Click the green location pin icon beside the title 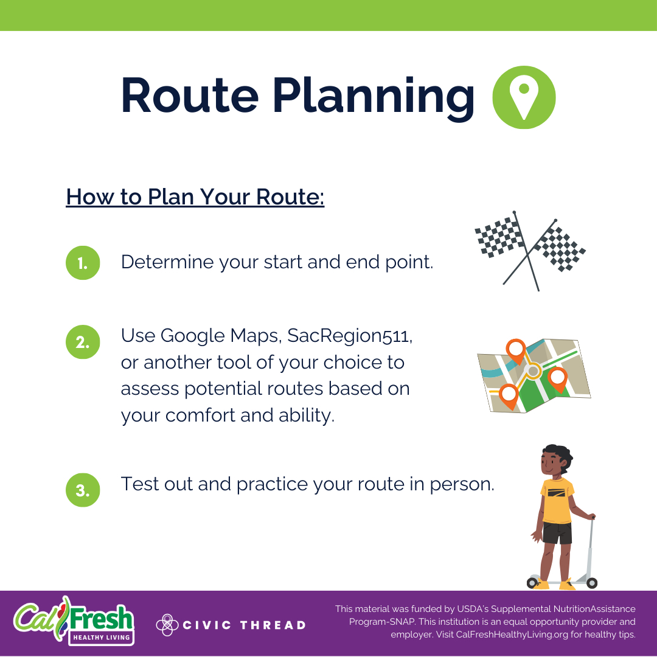pos(523,97)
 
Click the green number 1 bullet pos(82,263)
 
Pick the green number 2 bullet pos(82,342)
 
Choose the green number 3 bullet pos(82,490)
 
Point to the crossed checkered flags pos(528,249)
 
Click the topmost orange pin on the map pos(516,349)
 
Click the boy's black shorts pos(557,534)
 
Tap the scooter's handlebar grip pos(592,517)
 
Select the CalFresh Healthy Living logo pos(74,620)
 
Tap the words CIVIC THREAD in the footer pos(245,625)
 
